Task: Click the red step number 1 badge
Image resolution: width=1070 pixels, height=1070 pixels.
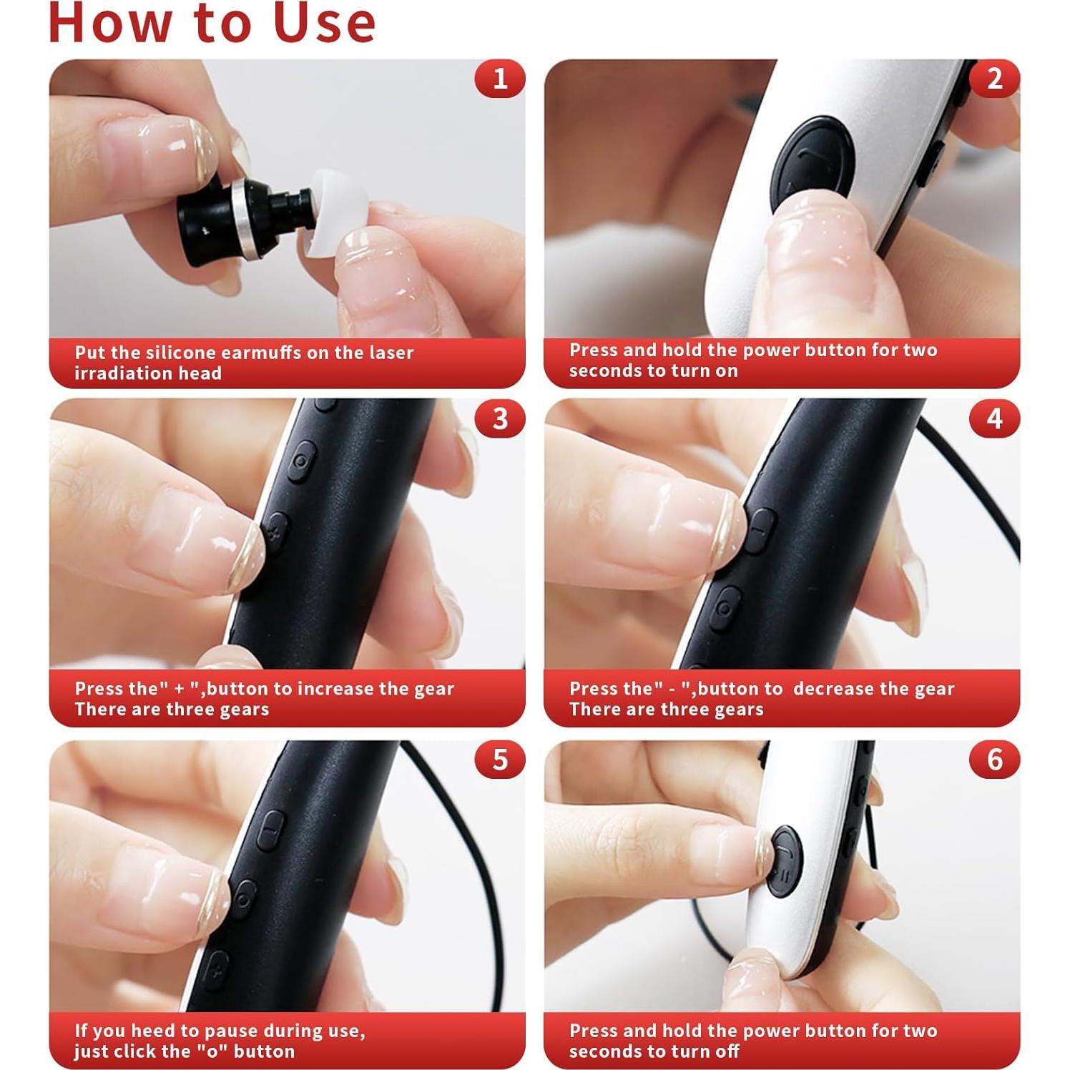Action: pyautogui.click(x=500, y=78)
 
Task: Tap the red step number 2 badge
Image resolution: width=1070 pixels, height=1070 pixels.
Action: pyautogui.click(x=995, y=78)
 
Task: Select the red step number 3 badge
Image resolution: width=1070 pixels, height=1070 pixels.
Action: pyautogui.click(x=500, y=418)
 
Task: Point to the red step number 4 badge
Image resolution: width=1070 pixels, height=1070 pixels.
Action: pyautogui.click(x=995, y=418)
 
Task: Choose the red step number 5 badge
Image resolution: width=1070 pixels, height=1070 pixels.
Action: pyautogui.click(x=500, y=759)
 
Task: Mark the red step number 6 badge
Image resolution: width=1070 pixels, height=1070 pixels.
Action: pyautogui.click(x=995, y=759)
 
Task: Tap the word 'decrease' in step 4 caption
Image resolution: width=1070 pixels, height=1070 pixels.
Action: pyautogui.click(x=833, y=689)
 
